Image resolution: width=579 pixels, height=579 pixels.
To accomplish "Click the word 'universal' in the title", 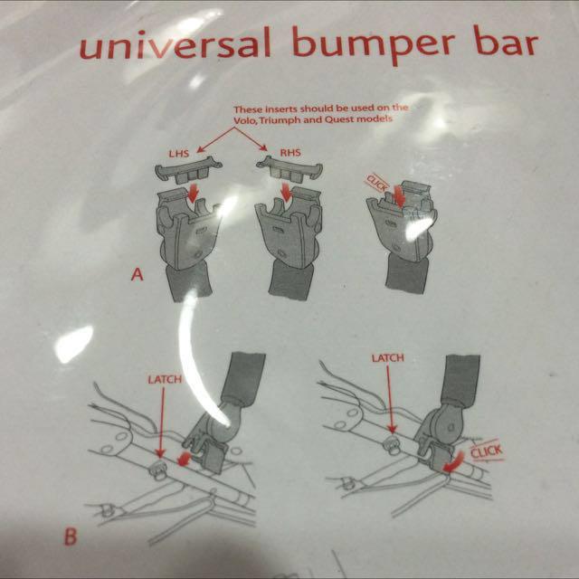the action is click(176, 43).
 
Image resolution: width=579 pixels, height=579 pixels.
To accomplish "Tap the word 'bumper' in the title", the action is click(374, 45).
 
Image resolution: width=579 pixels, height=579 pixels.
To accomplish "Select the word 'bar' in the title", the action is click(505, 43).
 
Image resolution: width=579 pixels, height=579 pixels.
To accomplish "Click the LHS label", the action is click(179, 153).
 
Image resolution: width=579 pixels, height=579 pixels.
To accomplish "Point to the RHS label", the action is click(290, 153).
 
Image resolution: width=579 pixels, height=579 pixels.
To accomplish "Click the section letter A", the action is click(137, 274).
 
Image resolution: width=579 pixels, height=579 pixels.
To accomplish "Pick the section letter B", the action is click(71, 536).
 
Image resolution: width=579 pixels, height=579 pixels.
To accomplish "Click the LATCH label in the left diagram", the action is click(165, 380).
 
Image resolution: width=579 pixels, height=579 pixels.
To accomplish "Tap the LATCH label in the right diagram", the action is click(388, 358).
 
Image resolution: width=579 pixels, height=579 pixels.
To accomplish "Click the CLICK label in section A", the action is click(376, 183).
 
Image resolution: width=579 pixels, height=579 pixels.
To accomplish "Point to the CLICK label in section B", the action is click(487, 451).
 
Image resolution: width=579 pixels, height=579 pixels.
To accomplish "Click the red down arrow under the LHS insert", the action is click(193, 193).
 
